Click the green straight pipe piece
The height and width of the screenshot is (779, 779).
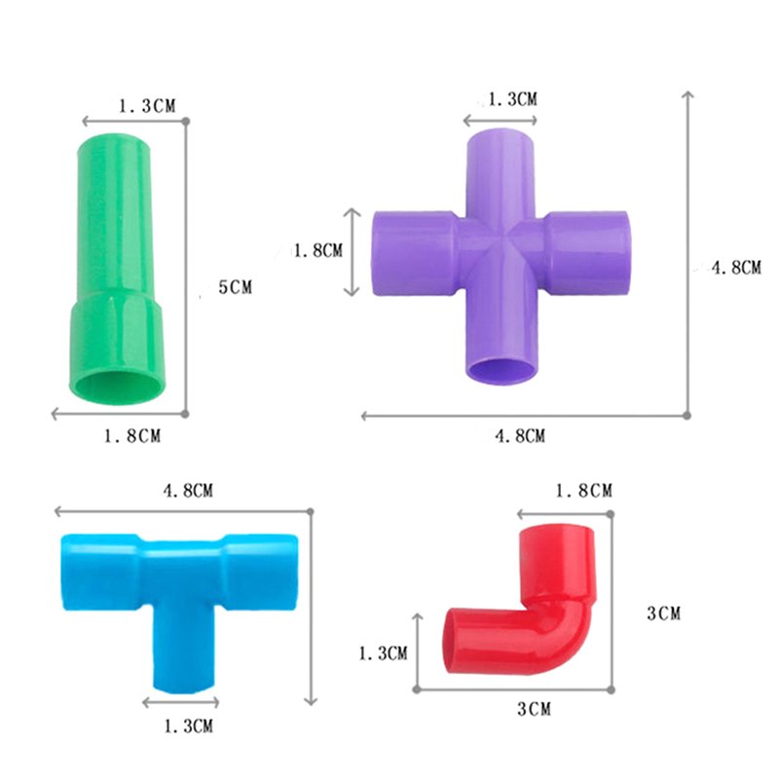pyautogui.click(x=116, y=269)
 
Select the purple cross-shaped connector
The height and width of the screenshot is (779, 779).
pyautogui.click(x=501, y=253)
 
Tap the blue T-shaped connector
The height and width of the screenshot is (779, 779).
pyautogui.click(x=180, y=596)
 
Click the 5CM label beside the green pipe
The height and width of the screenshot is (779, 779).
pyautogui.click(x=236, y=287)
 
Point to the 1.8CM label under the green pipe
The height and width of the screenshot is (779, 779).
pyautogui.click(x=132, y=436)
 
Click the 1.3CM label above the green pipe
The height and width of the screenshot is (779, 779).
pyautogui.click(x=147, y=106)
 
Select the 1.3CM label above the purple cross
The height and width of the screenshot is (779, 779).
pyautogui.click(x=513, y=99)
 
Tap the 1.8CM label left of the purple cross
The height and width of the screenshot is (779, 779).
pyautogui.click(x=318, y=250)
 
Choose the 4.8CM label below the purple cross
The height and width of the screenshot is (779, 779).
pyautogui.click(x=520, y=436)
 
